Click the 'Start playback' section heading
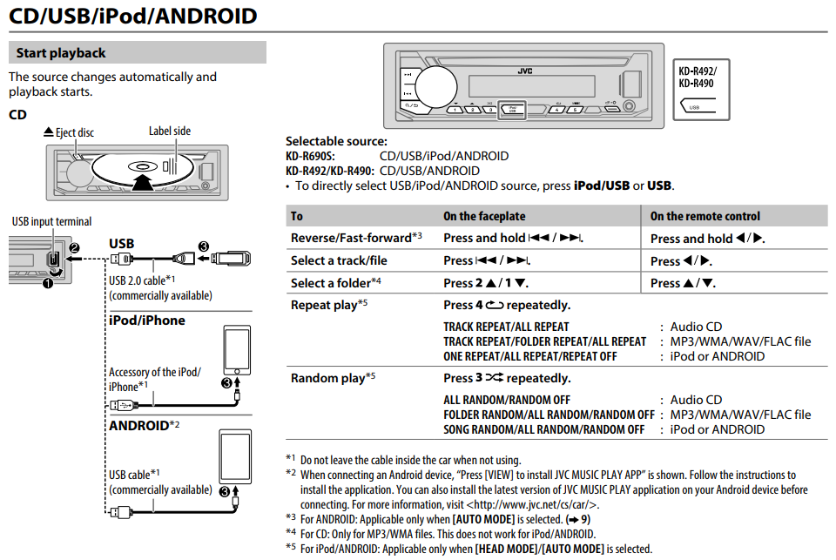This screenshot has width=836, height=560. point(61,53)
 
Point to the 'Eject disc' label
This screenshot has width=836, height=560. point(69,132)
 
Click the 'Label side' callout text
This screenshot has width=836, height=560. point(169,131)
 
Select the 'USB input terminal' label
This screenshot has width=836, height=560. point(51,222)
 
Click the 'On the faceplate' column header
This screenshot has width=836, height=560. point(484,216)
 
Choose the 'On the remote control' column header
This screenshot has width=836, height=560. point(705,216)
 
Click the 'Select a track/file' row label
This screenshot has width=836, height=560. point(339,260)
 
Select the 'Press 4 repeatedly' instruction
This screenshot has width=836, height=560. point(507,306)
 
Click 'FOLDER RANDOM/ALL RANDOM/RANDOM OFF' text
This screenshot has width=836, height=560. point(549,415)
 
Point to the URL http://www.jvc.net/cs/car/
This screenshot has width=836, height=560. point(533,504)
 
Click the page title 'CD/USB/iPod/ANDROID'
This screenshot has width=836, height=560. point(132,16)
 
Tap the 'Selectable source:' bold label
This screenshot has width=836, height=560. point(336,141)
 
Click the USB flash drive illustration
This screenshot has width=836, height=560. point(228,258)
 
